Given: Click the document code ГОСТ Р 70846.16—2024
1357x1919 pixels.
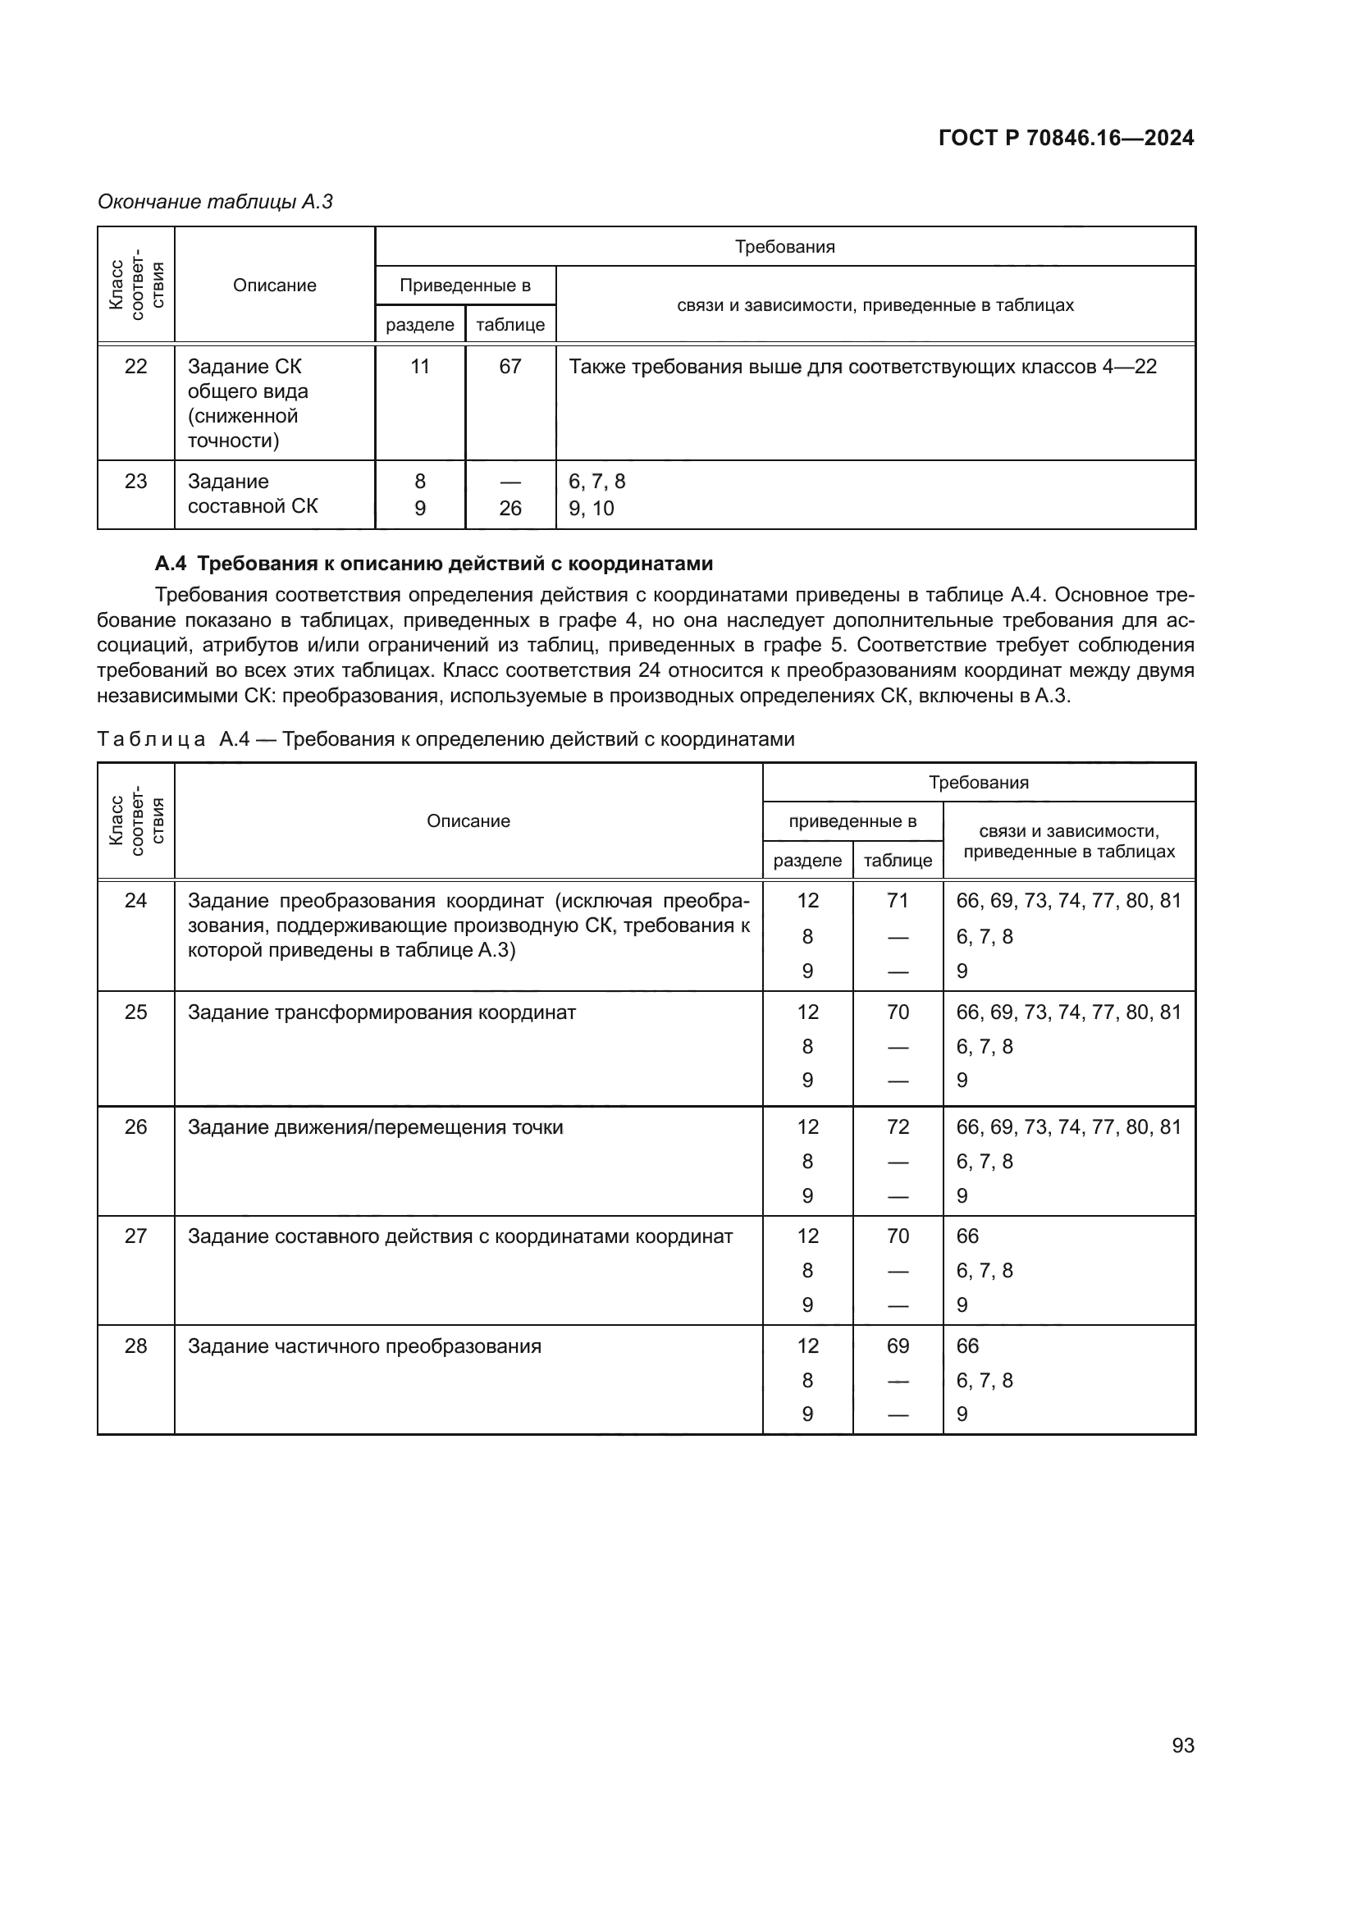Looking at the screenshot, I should tap(1066, 138).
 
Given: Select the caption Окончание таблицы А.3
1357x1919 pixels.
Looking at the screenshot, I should tap(215, 202).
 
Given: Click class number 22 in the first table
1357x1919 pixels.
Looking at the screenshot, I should tap(135, 366).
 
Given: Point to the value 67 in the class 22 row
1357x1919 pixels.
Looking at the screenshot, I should tap(509, 366).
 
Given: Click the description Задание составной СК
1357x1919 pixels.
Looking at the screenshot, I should tap(253, 494).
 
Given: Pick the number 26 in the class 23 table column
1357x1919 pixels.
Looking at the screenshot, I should tap(509, 508).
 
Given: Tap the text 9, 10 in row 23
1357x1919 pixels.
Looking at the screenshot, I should tap(591, 508).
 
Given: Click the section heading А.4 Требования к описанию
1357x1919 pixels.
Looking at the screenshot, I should tap(434, 564).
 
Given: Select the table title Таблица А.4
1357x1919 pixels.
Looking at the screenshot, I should tap(445, 739).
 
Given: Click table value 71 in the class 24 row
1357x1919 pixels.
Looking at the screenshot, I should tap(898, 900).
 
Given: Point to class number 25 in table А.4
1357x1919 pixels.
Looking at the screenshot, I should tap(135, 1012).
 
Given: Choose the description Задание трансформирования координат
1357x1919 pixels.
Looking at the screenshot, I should tap(381, 1012).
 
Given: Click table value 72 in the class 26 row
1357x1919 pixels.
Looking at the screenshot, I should tap(898, 1126).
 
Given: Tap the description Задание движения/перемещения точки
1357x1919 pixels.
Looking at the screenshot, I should tap(375, 1126).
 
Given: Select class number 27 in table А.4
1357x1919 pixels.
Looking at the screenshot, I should tap(135, 1236).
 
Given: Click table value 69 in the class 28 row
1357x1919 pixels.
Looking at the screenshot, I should tap(898, 1346).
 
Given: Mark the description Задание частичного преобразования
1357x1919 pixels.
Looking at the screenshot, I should tap(364, 1346).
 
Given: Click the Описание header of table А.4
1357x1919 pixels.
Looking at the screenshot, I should tap(468, 820).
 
